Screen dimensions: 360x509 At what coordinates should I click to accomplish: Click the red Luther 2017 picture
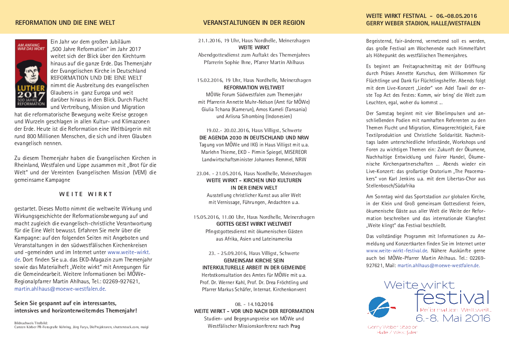pyautogui.click(x=31, y=74)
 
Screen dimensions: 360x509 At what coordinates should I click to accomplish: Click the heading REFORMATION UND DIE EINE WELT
pyautogui.click(x=65, y=23)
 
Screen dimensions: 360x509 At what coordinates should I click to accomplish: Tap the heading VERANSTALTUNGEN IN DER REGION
pyautogui.click(x=254, y=23)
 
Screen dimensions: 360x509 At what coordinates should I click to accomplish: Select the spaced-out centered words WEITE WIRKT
pyautogui.click(x=86, y=194)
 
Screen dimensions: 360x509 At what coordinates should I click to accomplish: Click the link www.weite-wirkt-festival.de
pyautogui.click(x=397, y=251)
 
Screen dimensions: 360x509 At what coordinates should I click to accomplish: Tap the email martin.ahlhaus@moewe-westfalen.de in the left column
pyautogui.click(x=60, y=289)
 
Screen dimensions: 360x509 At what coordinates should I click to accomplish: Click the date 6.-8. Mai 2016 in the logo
pyautogui.click(x=453, y=318)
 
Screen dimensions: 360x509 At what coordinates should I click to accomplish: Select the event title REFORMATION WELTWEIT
pyautogui.click(x=254, y=88)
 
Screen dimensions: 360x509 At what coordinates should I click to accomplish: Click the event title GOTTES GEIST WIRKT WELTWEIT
pyautogui.click(x=254, y=224)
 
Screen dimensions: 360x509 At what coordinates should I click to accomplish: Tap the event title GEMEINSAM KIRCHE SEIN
pyautogui.click(x=254, y=260)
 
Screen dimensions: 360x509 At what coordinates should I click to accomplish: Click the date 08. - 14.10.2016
pyautogui.click(x=254, y=304)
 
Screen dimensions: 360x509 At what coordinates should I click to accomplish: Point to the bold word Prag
pyautogui.click(x=296, y=326)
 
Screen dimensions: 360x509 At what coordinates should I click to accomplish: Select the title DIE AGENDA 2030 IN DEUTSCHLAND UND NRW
pyautogui.click(x=254, y=137)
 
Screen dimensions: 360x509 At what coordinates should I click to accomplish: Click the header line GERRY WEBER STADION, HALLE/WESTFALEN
pyautogui.click(x=423, y=24)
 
